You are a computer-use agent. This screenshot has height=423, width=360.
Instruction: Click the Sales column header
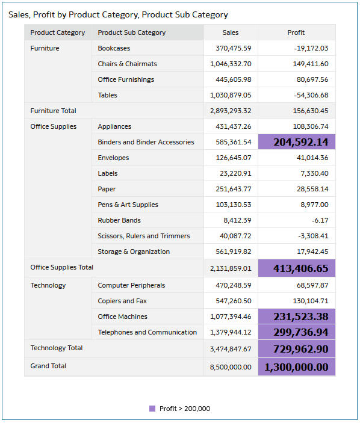click(231, 32)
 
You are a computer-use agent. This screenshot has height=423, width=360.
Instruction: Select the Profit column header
click(296, 32)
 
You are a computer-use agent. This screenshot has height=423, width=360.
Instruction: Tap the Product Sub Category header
click(132, 32)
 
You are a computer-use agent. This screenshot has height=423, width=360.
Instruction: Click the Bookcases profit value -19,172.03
click(311, 48)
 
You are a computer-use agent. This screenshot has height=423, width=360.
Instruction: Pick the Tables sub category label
click(107, 95)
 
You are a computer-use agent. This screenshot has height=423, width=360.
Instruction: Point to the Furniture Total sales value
click(231, 111)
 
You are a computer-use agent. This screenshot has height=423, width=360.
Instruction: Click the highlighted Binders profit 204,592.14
click(301, 142)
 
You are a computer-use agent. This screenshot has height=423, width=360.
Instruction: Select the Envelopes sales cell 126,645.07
click(234, 158)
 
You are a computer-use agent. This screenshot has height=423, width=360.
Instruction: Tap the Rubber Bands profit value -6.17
click(320, 220)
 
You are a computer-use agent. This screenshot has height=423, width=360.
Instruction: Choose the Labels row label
click(108, 173)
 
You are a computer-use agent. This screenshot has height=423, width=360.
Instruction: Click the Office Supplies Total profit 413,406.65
click(301, 268)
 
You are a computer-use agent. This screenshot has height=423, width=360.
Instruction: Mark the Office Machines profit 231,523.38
click(301, 316)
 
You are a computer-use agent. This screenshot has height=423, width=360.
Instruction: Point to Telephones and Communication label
click(147, 332)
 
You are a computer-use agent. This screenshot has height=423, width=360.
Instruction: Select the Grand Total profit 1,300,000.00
click(296, 367)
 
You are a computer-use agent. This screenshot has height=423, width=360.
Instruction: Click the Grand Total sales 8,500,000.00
click(231, 367)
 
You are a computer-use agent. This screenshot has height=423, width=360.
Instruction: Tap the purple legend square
click(152, 409)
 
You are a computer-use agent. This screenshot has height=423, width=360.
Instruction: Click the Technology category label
click(48, 285)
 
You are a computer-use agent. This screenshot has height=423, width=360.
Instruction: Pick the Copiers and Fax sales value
click(234, 301)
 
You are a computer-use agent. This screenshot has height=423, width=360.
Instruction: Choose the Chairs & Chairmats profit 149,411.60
click(311, 64)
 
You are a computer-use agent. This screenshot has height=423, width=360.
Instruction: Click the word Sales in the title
click(19, 15)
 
